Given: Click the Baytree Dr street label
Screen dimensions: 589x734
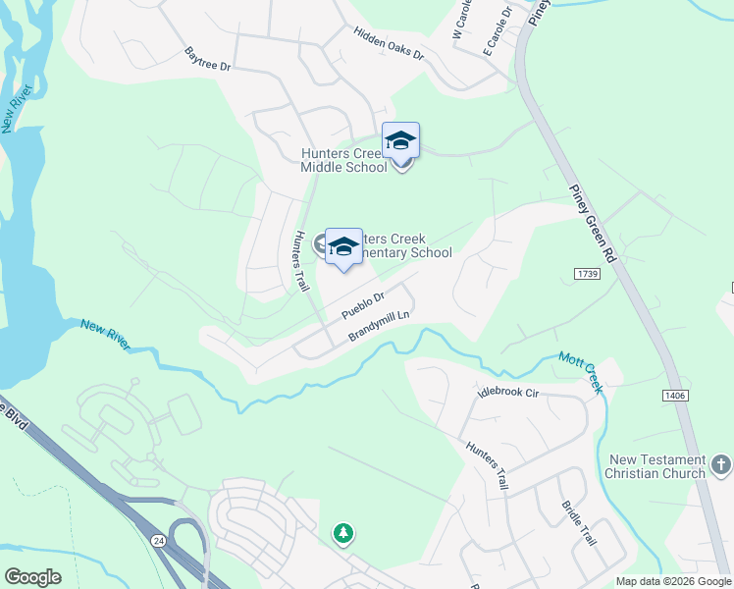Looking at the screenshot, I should pyautogui.click(x=206, y=59).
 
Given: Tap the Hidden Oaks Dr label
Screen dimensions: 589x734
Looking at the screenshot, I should pyautogui.click(x=389, y=44).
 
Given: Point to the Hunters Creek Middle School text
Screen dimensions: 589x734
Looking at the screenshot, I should pyautogui.click(x=343, y=160).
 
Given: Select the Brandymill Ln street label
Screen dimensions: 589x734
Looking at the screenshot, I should pyautogui.click(x=379, y=326).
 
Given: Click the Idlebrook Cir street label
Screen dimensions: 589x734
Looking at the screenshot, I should pyautogui.click(x=508, y=393).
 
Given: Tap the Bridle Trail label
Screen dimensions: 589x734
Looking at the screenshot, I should pyautogui.click(x=578, y=523).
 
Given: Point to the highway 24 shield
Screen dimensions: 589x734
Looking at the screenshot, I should pyautogui.click(x=159, y=540).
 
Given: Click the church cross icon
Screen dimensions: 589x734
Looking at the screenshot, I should pyautogui.click(x=719, y=462).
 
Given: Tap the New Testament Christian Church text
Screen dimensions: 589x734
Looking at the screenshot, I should pyautogui.click(x=656, y=466).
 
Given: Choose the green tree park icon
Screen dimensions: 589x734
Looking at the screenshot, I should pyautogui.click(x=343, y=534).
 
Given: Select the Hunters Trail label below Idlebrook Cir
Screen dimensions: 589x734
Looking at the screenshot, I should pyautogui.click(x=488, y=464).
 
